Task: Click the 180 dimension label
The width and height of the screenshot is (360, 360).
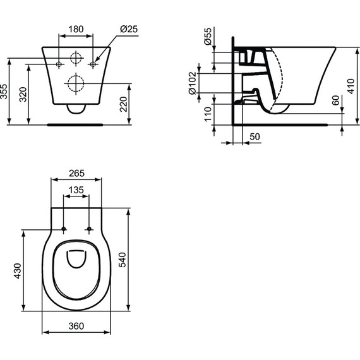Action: coord(76,29)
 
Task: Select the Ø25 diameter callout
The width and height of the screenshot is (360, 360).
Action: coord(128,29)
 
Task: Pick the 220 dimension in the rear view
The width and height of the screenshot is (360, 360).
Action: coord(125,104)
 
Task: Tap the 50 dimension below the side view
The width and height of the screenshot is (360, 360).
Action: coord(255,136)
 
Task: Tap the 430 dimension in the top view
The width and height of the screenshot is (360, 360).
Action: coord(18,270)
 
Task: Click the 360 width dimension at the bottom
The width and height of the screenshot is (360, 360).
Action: coord(76,326)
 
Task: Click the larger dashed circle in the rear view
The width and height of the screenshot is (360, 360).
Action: coord(76,83)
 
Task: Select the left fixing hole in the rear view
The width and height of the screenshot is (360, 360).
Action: coord(60,64)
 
